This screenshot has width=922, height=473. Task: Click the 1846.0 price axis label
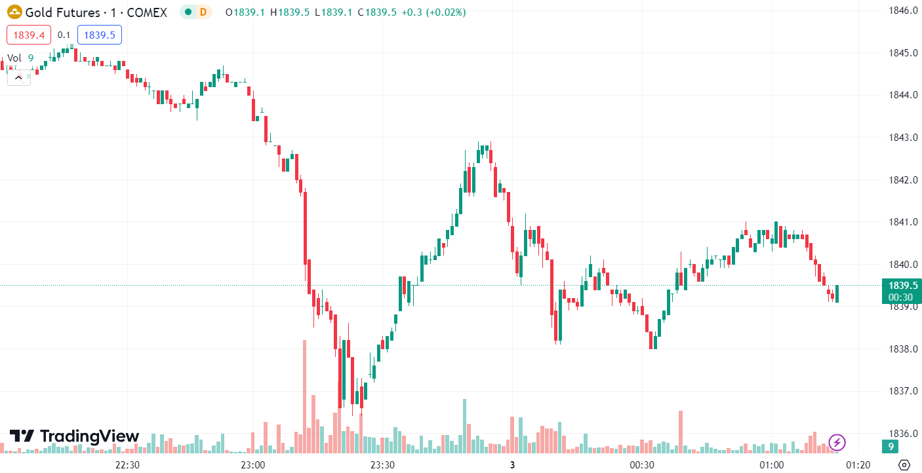pos(902,10)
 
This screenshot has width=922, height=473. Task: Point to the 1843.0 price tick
pos(902,138)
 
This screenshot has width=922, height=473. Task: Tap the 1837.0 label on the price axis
pos(902,391)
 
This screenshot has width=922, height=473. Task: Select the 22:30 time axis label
pos(127,465)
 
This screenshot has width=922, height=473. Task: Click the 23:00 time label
pos(252,465)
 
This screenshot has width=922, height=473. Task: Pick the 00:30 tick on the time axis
pos(642,465)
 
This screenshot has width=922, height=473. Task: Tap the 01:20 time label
pos(858,465)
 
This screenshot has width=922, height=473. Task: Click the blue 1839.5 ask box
pos(99,35)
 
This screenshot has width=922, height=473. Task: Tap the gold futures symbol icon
pos(14,12)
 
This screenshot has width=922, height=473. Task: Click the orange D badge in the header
pos(203,12)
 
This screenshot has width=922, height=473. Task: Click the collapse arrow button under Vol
pos(18,77)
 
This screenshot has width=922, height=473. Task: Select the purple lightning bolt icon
pos(837,442)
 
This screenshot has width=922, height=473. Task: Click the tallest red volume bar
pos(305,396)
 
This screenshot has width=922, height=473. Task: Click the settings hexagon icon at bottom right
pos(904,465)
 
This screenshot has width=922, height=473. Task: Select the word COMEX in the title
pos(148,12)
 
